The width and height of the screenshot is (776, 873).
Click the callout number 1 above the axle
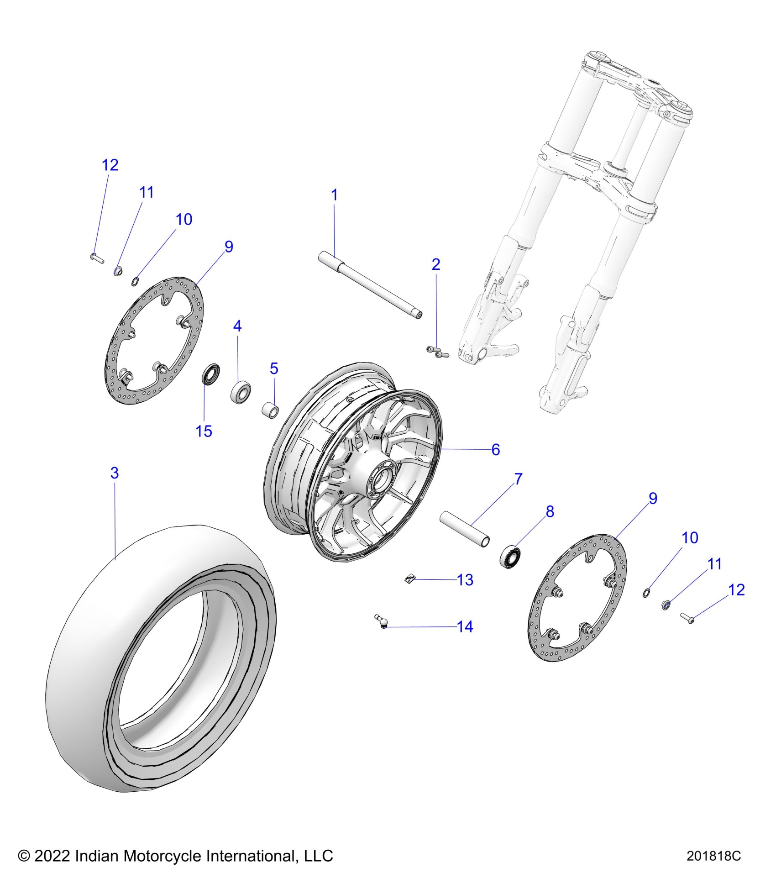(x=334, y=195)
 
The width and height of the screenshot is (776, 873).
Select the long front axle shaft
(x=370, y=286)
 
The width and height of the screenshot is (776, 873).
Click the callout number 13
(x=465, y=580)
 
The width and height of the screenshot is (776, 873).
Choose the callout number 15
(x=204, y=431)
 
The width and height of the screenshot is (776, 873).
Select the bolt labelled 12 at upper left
(x=97, y=258)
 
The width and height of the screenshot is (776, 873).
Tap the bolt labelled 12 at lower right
(x=687, y=619)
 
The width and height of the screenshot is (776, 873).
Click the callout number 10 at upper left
(x=184, y=220)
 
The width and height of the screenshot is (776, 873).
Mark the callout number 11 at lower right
(x=714, y=564)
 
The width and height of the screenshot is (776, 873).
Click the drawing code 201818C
(x=713, y=856)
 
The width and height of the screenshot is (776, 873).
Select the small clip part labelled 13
(x=409, y=580)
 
